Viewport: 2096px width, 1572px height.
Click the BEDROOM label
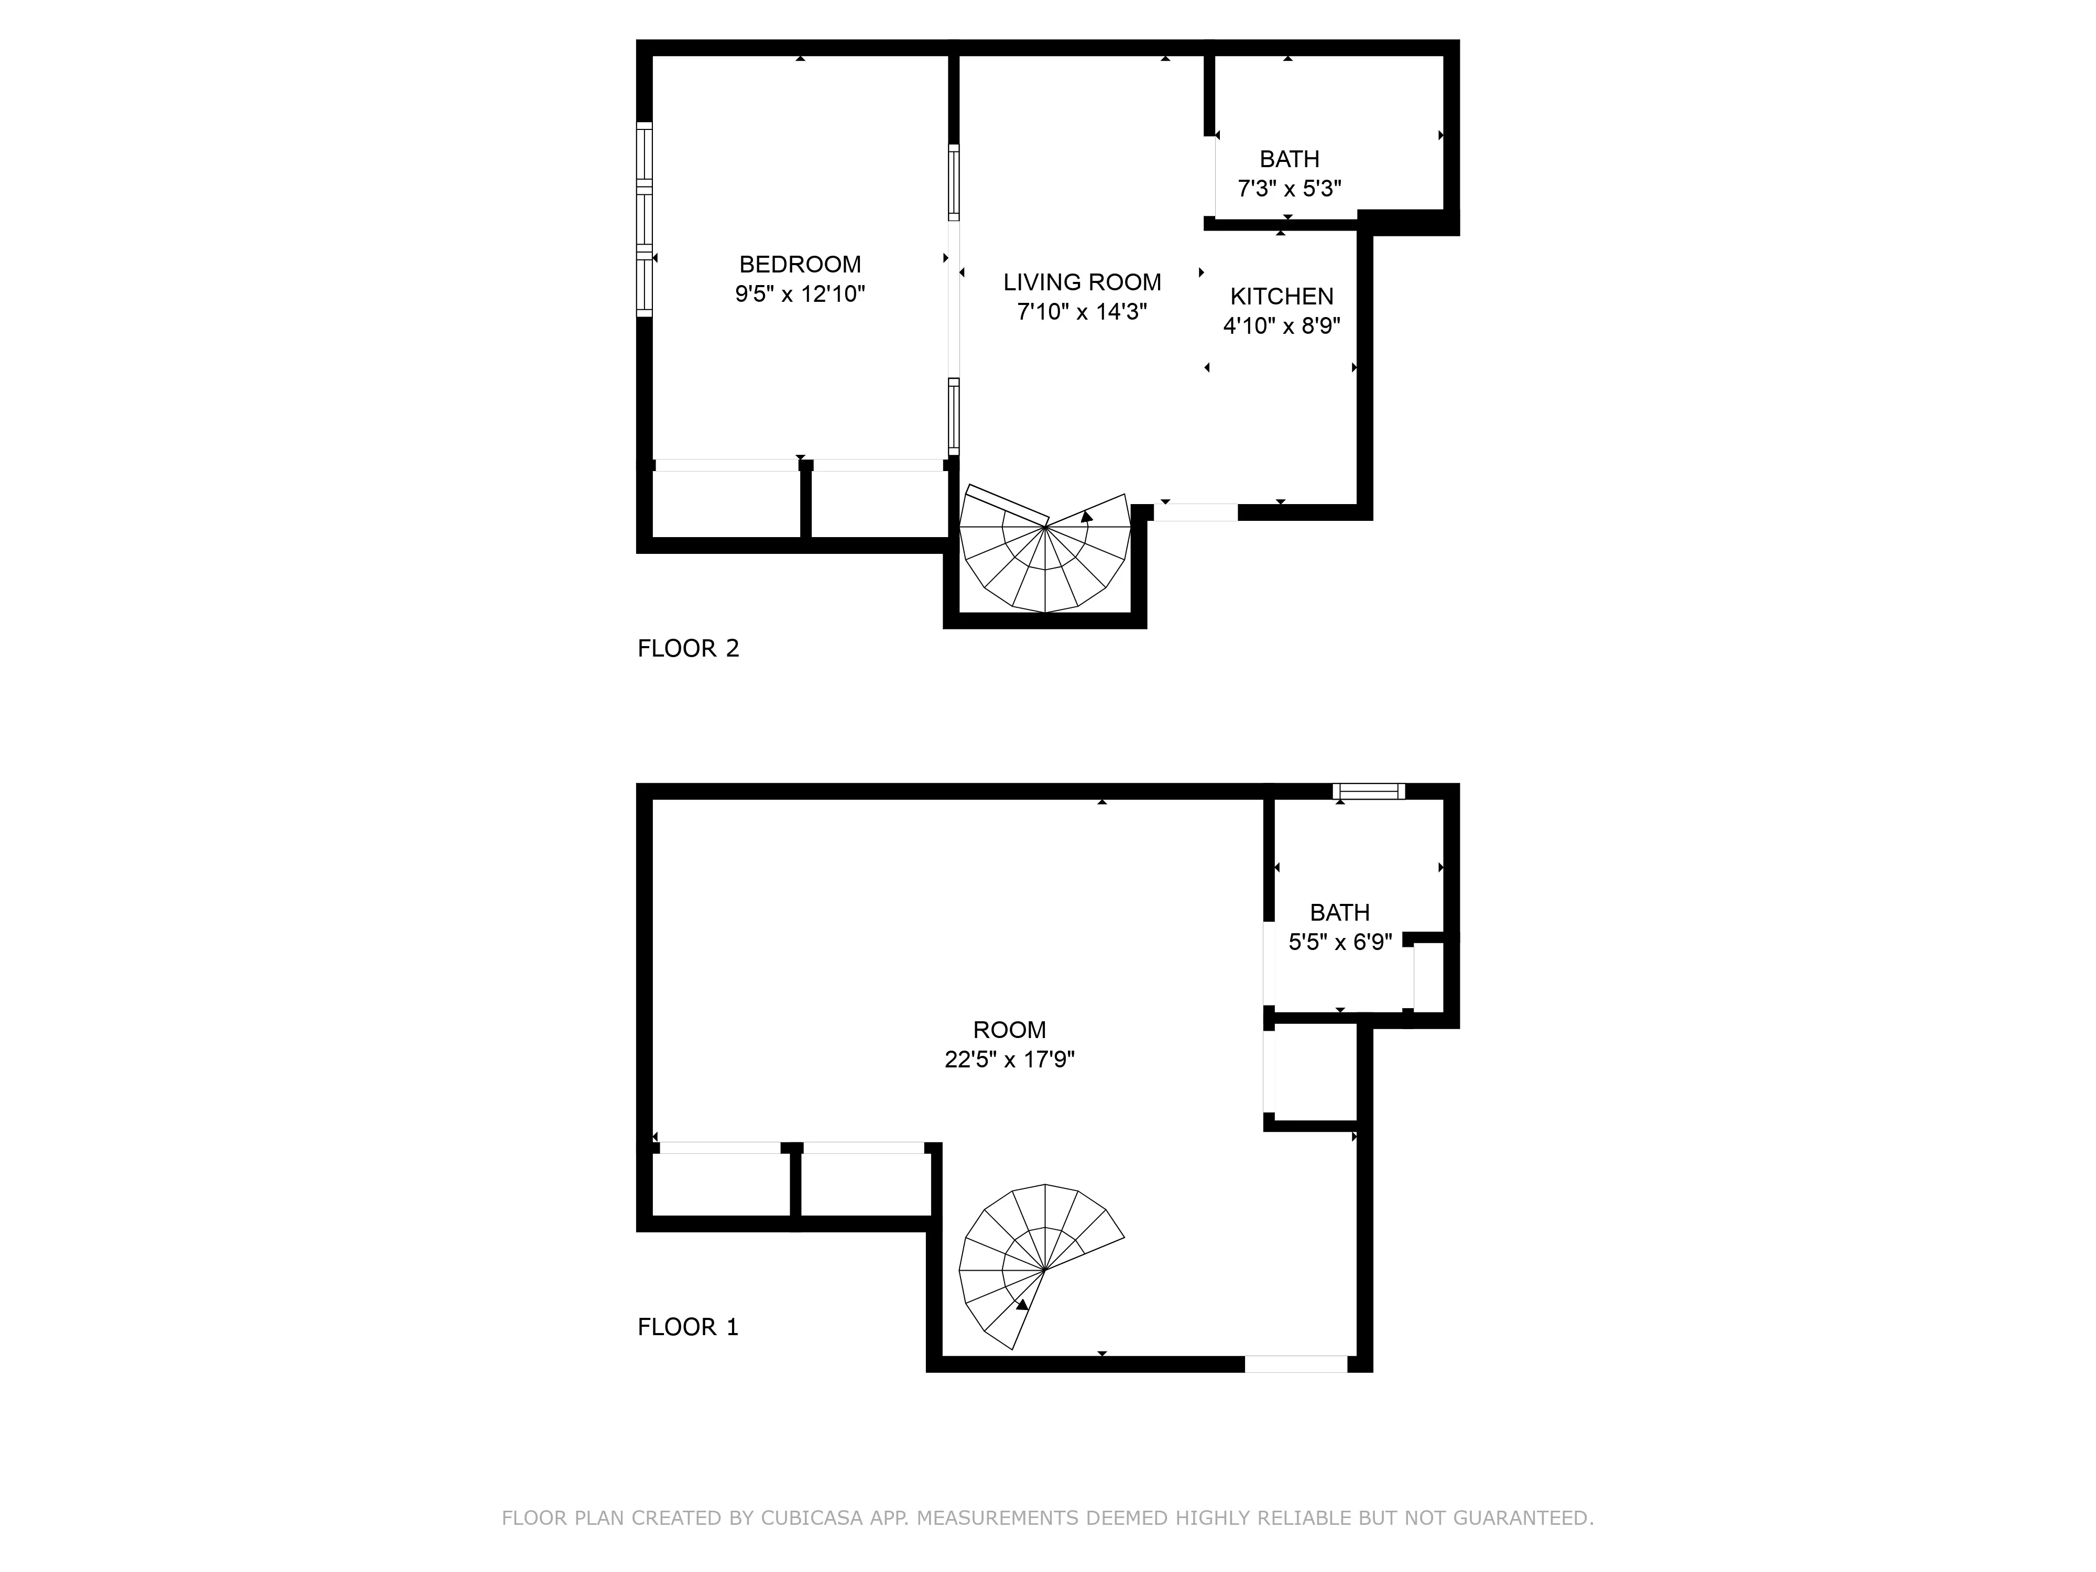800,265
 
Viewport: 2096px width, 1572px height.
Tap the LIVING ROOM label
1082,282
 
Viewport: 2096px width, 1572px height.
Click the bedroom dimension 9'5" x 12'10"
800,294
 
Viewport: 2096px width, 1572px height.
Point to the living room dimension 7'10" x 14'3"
1082,312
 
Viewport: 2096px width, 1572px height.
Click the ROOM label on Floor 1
1009,1030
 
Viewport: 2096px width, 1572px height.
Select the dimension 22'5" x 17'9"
1009,1060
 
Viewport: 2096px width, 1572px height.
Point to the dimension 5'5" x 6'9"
1340,942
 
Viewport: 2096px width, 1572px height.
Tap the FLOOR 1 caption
688,1327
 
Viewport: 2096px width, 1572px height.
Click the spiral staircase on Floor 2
1045,554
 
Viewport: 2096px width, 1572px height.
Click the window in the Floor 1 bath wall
1368,791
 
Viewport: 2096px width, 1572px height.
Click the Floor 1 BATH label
1340,912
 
